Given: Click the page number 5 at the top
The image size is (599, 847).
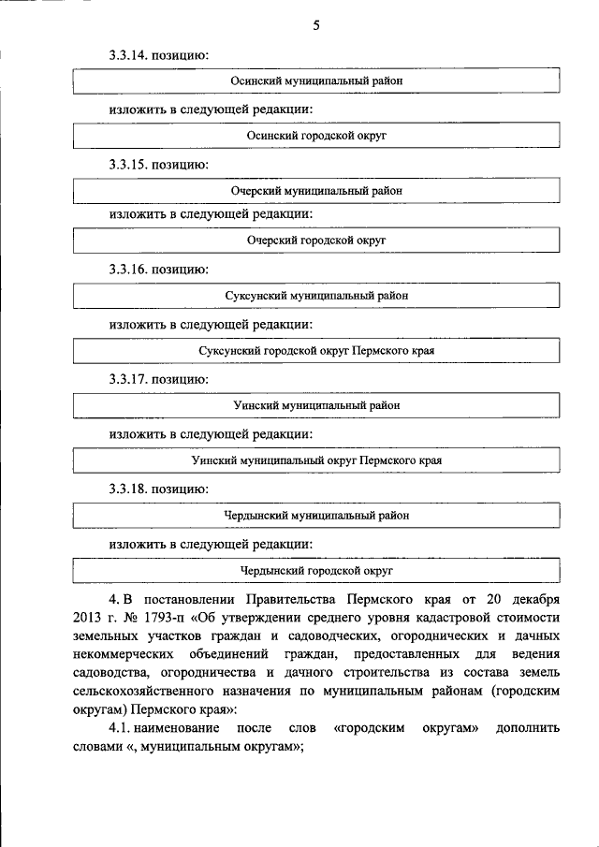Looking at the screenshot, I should point(316,26).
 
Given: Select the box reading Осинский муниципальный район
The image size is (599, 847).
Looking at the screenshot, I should point(316,81).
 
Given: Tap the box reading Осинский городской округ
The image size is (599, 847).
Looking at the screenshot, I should point(316,136).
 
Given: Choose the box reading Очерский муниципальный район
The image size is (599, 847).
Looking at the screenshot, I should point(316,190).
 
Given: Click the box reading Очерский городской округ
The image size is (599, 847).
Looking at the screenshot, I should point(316,241).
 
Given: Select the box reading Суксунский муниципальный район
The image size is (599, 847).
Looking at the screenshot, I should point(316,296).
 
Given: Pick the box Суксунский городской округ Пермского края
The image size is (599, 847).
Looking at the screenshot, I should point(316,351).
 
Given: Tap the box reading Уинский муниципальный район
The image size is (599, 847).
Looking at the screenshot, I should point(316,405).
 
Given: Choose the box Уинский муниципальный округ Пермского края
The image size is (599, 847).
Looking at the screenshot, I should point(316,460).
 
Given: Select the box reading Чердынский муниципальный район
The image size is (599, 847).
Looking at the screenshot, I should point(316,515).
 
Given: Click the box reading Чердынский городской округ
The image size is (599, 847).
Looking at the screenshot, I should point(316,569).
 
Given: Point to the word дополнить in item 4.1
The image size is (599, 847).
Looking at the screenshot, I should point(530,728).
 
